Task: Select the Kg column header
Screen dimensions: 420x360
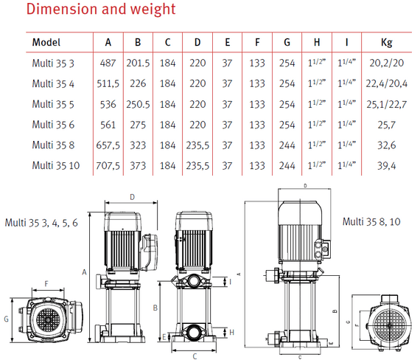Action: click(x=387, y=43)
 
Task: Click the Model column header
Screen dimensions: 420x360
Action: click(x=46, y=42)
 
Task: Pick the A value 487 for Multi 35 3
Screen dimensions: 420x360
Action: click(x=108, y=63)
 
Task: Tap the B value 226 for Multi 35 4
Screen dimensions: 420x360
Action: click(x=138, y=83)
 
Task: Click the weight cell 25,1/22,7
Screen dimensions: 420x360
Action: click(x=387, y=104)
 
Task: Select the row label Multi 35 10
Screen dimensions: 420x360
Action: click(x=56, y=165)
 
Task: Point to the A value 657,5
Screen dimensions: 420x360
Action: click(x=108, y=145)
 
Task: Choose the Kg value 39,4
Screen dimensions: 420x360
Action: click(x=387, y=166)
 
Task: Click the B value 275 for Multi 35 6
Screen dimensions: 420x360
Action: click(x=138, y=125)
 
